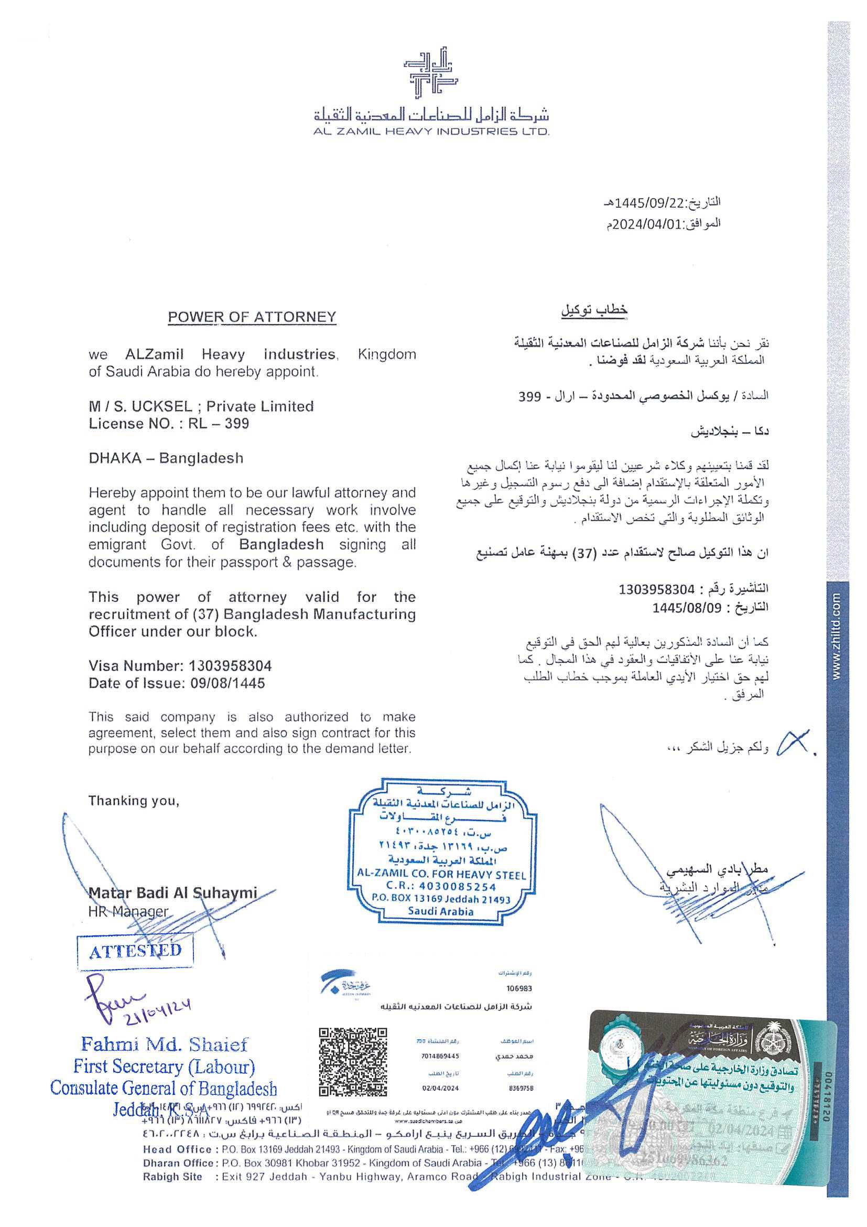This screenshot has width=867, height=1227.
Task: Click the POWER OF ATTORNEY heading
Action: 252,317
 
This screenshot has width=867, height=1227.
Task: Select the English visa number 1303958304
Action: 230,666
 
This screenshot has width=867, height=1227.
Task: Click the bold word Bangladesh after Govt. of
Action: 281,545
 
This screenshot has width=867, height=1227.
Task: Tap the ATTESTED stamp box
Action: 135,951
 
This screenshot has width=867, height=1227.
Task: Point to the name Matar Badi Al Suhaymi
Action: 172,892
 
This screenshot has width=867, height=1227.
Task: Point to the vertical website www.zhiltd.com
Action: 837,636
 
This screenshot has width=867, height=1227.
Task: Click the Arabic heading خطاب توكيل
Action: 593,310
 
